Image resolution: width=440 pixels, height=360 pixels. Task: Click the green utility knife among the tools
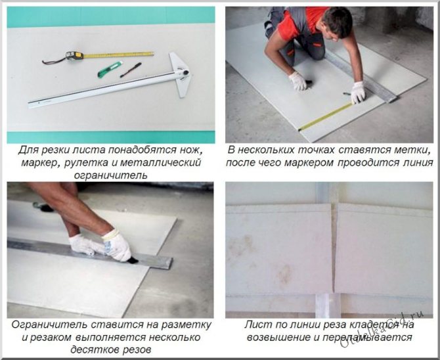point(110,70)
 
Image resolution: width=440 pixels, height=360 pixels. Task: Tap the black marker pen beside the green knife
point(131,70)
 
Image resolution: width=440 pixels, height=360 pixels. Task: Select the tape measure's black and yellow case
point(74,56)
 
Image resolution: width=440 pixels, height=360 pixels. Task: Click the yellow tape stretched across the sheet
point(325,117)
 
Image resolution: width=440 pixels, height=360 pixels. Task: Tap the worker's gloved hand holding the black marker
point(299,81)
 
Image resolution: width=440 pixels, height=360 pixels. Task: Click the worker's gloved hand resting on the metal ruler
point(358,93)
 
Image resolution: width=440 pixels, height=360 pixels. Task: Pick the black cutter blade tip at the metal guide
point(133,261)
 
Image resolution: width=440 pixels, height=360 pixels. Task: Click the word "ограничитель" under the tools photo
point(110,175)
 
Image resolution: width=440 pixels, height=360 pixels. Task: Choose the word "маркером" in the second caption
point(309,163)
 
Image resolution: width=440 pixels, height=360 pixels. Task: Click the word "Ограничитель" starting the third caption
point(49,325)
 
